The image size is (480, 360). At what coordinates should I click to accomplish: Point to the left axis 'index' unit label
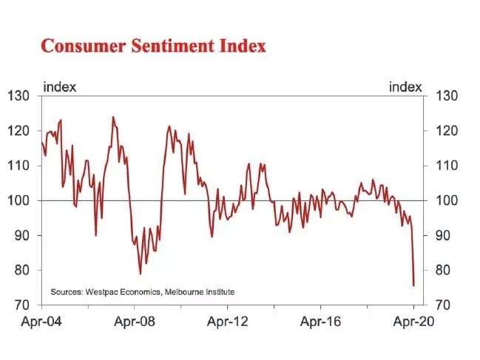pyautogui.click(x=60, y=87)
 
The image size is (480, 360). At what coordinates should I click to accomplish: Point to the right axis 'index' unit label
pyautogui.click(x=406, y=87)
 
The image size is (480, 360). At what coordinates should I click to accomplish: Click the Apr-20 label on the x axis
pyautogui.click(x=413, y=322)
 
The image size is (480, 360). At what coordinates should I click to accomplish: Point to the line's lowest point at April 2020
pyautogui.click(x=413, y=285)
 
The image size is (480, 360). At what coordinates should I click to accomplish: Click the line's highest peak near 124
pyautogui.click(x=113, y=117)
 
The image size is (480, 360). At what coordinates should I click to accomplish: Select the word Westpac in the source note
pyautogui.click(x=103, y=292)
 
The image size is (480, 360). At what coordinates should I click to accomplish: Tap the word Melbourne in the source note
pyautogui.click(x=190, y=292)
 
